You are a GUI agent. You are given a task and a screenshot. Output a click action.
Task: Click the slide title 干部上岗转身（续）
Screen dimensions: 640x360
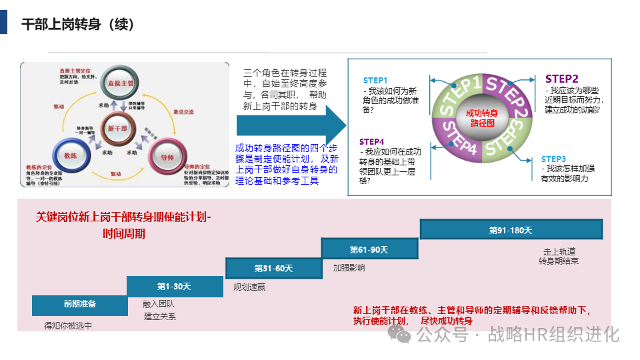click(x=78, y=25)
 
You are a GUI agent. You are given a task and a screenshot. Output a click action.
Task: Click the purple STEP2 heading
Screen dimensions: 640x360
click(x=561, y=79)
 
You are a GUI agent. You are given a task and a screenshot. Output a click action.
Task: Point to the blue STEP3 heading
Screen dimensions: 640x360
click(x=553, y=159)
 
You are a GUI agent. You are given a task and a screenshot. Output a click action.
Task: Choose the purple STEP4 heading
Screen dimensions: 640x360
click(x=372, y=141)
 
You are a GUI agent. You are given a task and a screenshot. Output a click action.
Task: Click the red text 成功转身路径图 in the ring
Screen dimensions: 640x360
click(x=481, y=118)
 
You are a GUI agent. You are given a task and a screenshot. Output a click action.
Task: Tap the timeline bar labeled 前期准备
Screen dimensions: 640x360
click(x=80, y=304)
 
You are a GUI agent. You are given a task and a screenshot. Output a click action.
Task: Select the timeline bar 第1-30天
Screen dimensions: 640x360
click(x=175, y=286)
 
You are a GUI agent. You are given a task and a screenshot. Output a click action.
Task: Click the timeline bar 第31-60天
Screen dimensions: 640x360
click(x=273, y=268)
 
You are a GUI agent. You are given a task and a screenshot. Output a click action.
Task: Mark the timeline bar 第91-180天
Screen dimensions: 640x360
click(x=511, y=230)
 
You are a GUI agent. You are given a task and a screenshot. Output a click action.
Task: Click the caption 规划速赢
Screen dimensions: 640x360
click(x=249, y=287)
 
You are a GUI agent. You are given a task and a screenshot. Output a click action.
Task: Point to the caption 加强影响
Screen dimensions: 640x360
click(x=349, y=268)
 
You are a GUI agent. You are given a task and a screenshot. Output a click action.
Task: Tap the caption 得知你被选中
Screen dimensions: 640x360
click(x=68, y=325)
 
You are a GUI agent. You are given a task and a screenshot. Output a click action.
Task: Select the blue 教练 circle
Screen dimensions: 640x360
click(x=71, y=155)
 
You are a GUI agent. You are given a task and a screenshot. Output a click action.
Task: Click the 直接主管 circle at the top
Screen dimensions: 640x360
click(x=121, y=82)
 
